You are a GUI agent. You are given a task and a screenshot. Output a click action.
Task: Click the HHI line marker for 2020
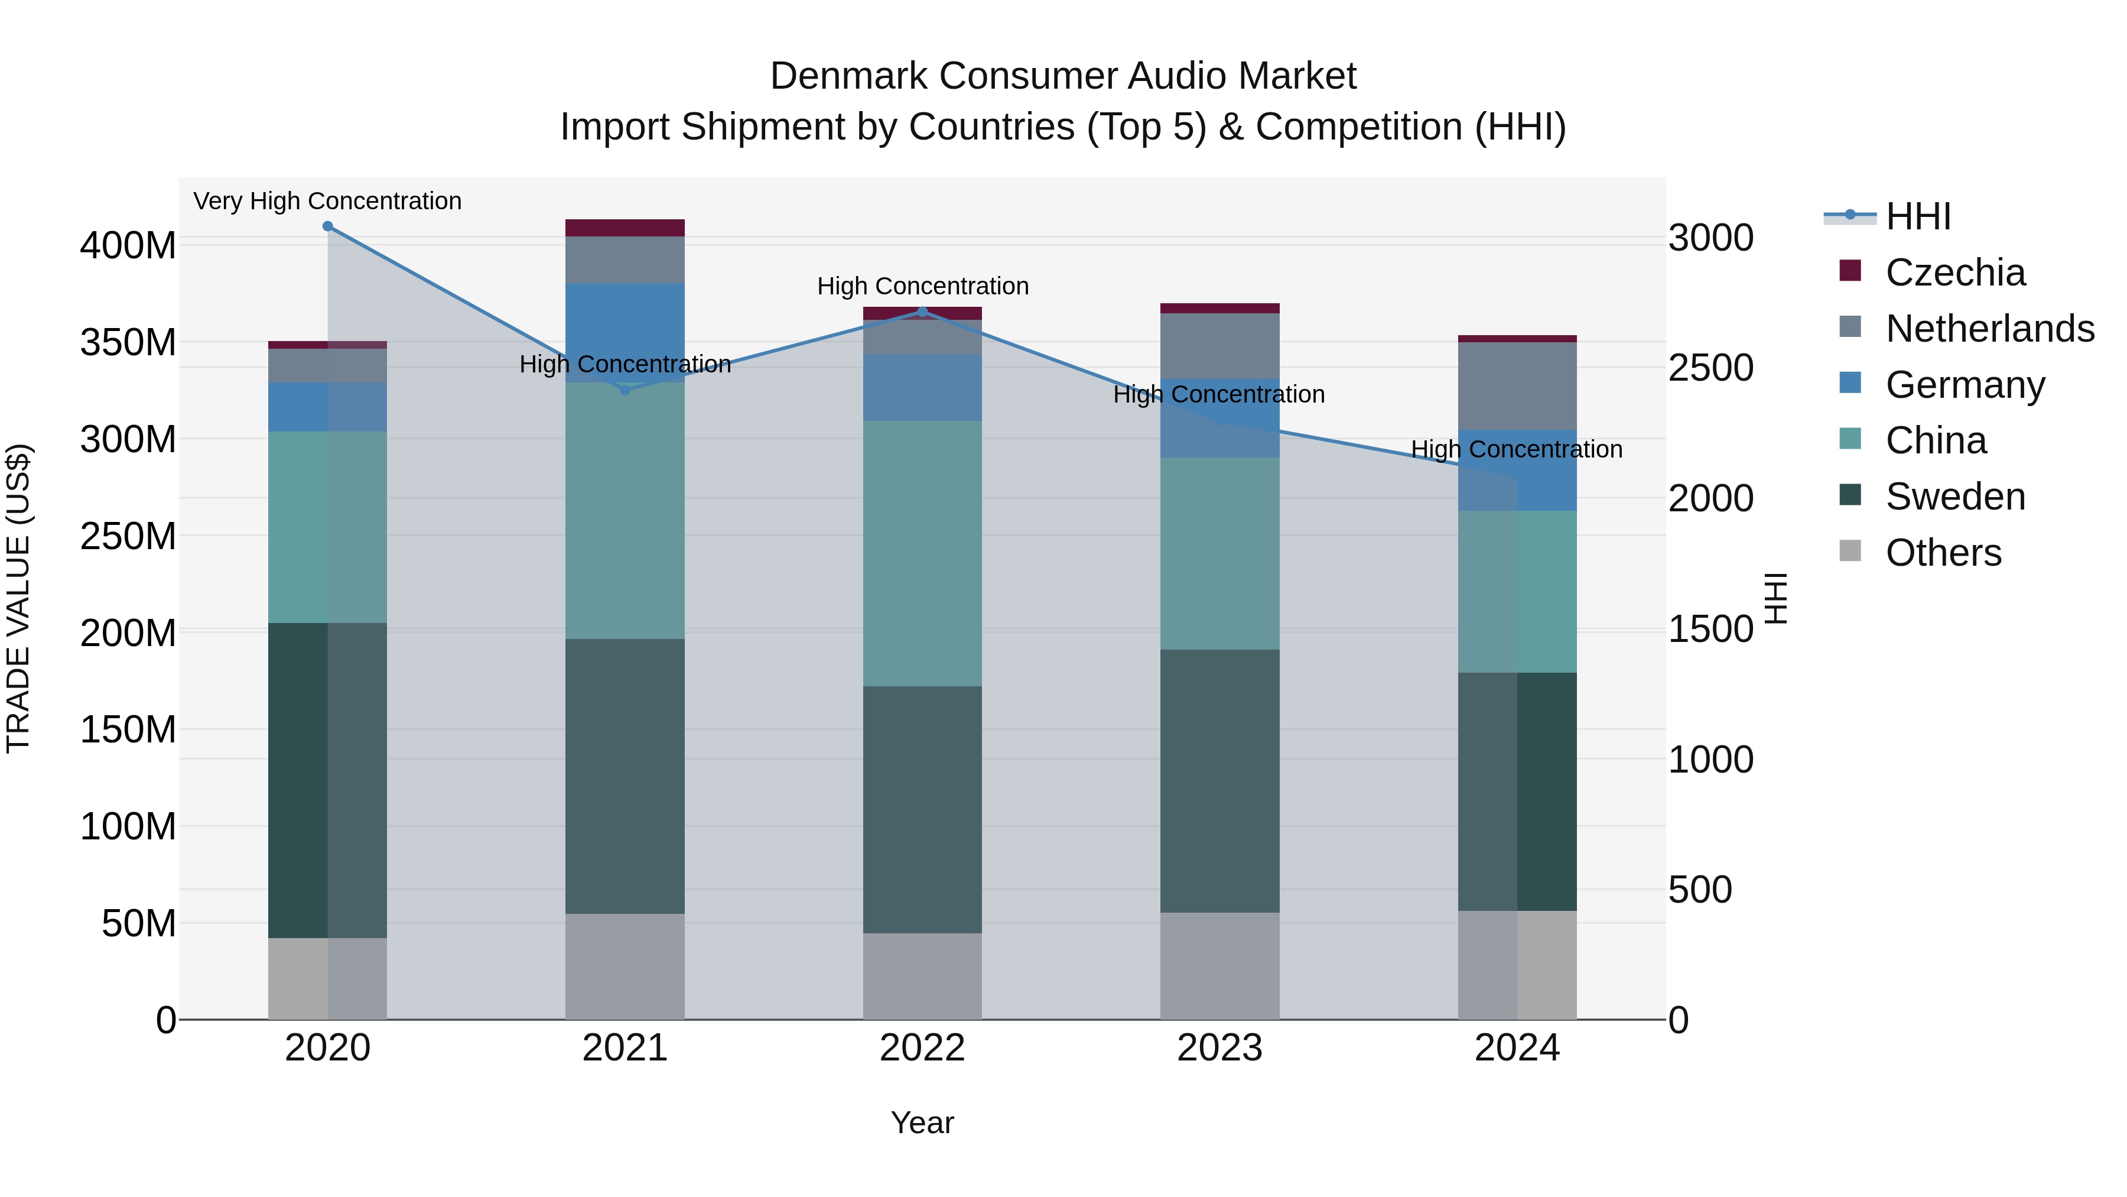[328, 226]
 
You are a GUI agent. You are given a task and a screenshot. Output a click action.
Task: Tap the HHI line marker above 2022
[922, 312]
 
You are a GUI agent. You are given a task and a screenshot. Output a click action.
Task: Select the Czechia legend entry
[1954, 273]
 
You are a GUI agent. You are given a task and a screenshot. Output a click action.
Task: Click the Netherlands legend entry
[1988, 329]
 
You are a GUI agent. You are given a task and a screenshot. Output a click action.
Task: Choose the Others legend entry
[1942, 553]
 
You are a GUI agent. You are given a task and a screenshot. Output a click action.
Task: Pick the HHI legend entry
[1917, 216]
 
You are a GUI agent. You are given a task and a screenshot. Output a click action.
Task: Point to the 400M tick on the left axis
[128, 245]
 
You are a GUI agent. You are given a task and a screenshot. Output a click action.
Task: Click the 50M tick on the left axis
[139, 923]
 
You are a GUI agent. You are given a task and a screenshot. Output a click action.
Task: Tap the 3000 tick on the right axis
[1711, 238]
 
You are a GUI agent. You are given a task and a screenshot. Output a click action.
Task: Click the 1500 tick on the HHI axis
[1711, 629]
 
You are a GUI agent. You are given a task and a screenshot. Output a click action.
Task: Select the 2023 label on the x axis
[1219, 1048]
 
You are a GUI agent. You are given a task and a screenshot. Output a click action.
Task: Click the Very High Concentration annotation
[328, 201]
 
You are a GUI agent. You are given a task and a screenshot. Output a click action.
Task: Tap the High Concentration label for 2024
[1517, 449]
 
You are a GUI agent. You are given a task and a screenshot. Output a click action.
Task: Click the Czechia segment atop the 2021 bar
[625, 228]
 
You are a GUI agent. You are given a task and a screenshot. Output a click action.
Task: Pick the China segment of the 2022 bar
[922, 553]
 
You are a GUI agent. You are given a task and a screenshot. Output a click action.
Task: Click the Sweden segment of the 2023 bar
[1219, 781]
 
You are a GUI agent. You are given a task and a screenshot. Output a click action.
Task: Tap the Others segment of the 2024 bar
[1517, 965]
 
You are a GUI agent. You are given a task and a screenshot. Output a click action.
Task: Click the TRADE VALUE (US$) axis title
[18, 598]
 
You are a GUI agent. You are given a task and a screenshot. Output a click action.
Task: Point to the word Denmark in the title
[850, 76]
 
